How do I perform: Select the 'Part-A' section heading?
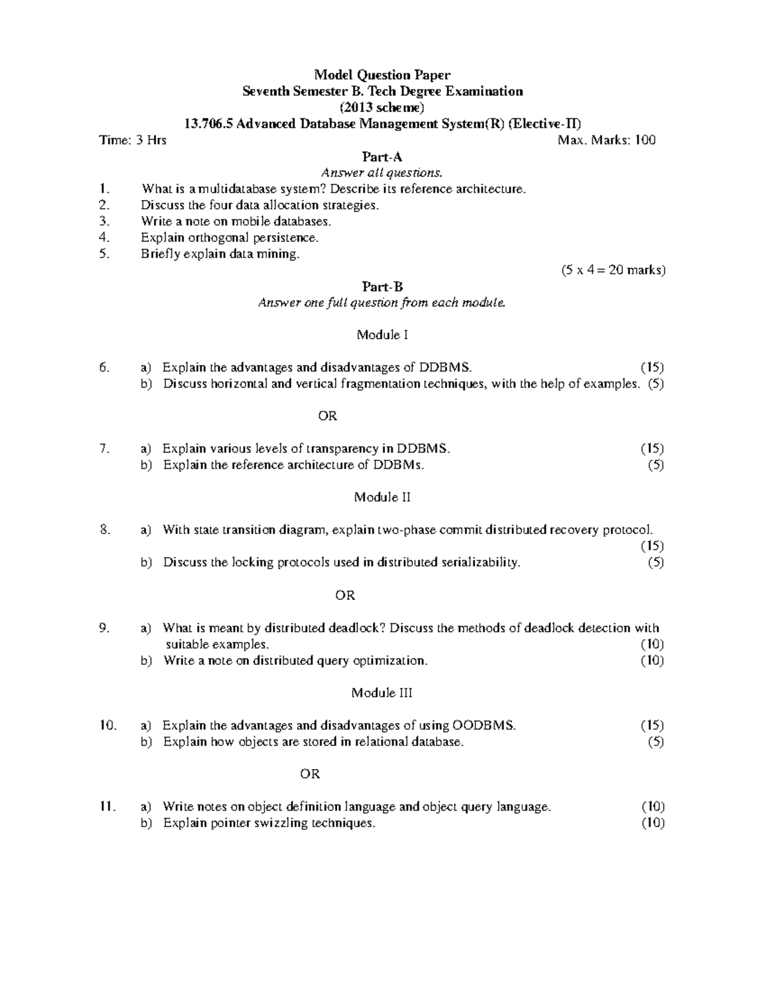[382, 156]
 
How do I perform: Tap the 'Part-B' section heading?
[382, 287]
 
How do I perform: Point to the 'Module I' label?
[382, 335]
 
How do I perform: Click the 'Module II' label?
[382, 497]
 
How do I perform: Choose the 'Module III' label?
[382, 692]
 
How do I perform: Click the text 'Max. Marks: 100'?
[606, 140]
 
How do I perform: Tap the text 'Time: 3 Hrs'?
[133, 140]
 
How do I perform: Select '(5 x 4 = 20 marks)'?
[613, 270]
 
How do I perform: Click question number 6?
[105, 367]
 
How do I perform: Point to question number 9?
[105, 628]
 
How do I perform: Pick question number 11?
[107, 807]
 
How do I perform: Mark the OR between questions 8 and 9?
[345, 595]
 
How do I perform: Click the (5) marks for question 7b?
[656, 465]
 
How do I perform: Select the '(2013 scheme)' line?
[382, 107]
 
